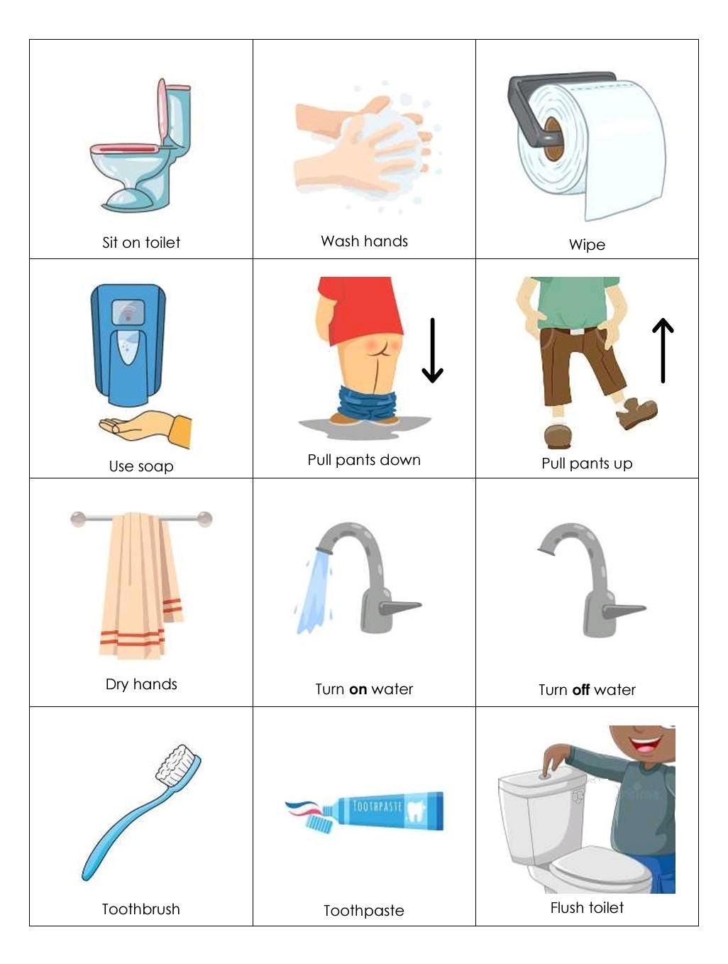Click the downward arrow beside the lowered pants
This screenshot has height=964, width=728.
coord(432,351)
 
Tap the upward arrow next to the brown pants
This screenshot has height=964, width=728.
coord(663,350)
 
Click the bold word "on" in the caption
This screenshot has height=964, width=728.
coord(358,689)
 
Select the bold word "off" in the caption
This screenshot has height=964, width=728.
coord(581,690)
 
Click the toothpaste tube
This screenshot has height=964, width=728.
coord(387,811)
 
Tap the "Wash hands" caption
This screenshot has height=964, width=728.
coord(364,241)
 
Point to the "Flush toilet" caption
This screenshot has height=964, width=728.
coord(587,908)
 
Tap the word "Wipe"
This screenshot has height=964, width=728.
coord(587,245)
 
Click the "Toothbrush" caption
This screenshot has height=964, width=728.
coord(140,909)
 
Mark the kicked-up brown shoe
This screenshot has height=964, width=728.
coord(636,413)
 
